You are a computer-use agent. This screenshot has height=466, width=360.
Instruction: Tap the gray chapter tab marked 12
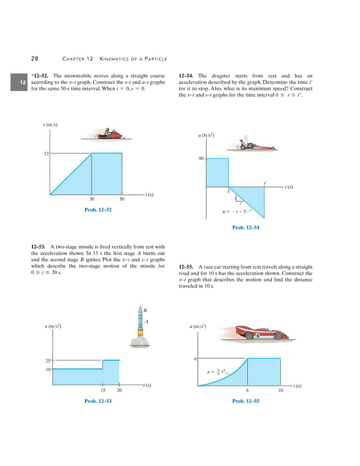[23, 83]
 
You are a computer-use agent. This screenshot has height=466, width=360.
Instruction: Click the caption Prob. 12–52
[98, 210]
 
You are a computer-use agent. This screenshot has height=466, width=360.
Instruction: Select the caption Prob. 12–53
[98, 401]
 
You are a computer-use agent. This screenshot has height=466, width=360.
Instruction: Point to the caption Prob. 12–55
[245, 401]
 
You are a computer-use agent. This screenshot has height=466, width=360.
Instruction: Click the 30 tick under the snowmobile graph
[91, 199]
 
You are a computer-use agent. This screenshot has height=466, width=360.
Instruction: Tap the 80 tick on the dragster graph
[201, 159]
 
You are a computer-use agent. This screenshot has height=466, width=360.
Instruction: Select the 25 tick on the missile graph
[47, 360]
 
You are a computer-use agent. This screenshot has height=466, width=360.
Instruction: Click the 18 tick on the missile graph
[47, 369]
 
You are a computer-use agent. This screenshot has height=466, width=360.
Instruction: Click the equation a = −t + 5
[235, 213]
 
